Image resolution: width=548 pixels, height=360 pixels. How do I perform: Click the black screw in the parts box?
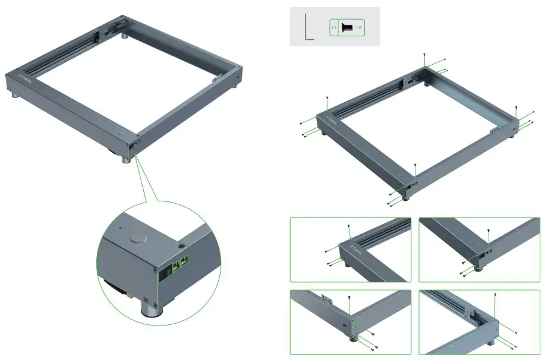tap(349, 27)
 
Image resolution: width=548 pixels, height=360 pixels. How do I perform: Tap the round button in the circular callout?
tap(138, 237)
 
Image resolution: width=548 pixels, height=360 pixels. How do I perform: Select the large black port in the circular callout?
tap(163, 273)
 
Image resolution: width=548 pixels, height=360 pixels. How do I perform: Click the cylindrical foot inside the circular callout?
tap(150, 309)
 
